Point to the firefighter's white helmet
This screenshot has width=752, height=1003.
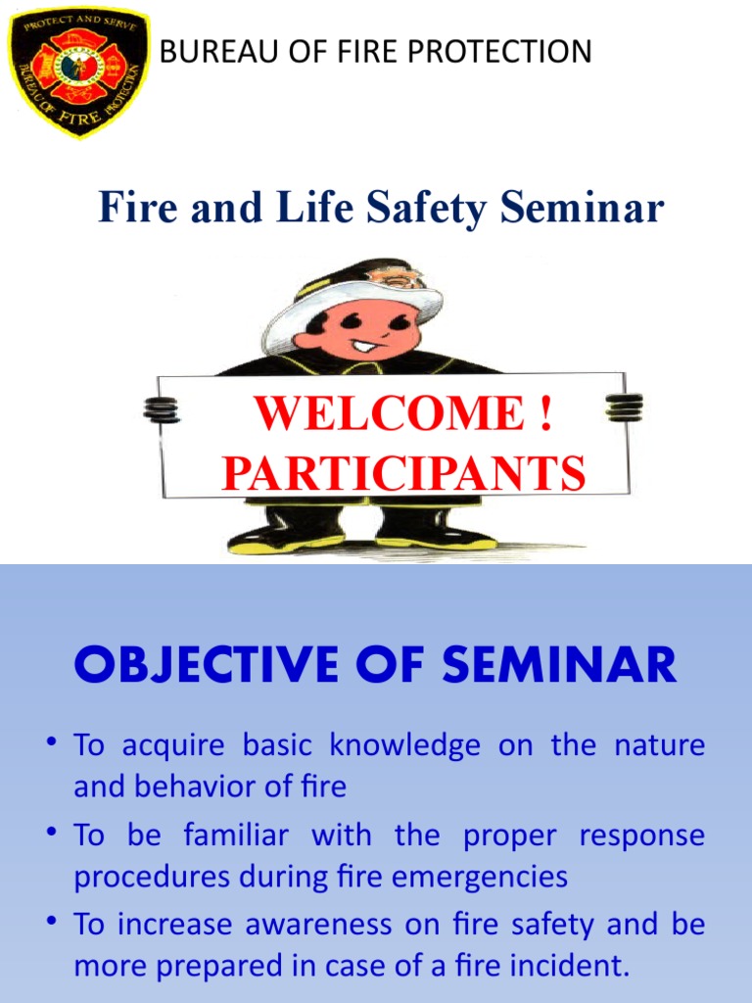tap(352, 304)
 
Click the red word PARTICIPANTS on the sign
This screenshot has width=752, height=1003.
tap(403, 473)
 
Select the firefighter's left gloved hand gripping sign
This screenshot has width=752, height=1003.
tap(162, 408)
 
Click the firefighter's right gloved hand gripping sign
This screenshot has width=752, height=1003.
tap(624, 406)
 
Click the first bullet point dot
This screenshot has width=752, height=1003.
tap(48, 745)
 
